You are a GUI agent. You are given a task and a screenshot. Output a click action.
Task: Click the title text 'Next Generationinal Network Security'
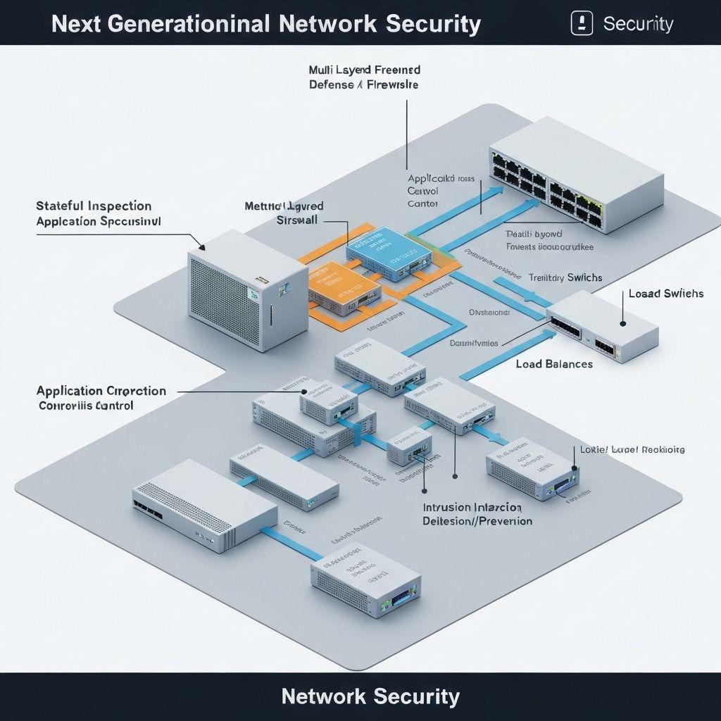pyautogui.click(x=266, y=24)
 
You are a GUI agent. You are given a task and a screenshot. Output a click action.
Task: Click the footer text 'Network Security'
pyautogui.click(x=370, y=696)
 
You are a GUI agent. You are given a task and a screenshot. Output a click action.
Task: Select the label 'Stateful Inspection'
pyautogui.click(x=94, y=206)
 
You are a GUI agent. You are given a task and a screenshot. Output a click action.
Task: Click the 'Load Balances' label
pyautogui.click(x=554, y=364)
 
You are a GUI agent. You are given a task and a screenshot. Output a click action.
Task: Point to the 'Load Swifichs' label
pyautogui.click(x=665, y=293)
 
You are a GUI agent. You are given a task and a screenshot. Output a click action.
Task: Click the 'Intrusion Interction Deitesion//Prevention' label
pyautogui.click(x=477, y=515)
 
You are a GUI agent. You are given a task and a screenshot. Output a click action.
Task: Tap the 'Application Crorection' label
pyautogui.click(x=101, y=391)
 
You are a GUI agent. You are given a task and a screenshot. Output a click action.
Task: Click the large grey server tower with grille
pyautogui.click(x=248, y=294)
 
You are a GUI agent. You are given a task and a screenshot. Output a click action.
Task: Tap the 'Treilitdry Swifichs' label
pyautogui.click(x=565, y=277)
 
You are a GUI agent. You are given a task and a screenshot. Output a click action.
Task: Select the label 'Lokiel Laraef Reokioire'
pyautogui.click(x=632, y=449)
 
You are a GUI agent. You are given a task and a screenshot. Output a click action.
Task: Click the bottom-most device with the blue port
pyautogui.click(x=365, y=582)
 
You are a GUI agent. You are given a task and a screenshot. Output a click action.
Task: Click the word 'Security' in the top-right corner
pyautogui.click(x=638, y=24)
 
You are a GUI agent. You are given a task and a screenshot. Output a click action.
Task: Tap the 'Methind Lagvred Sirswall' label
pyautogui.click(x=284, y=213)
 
